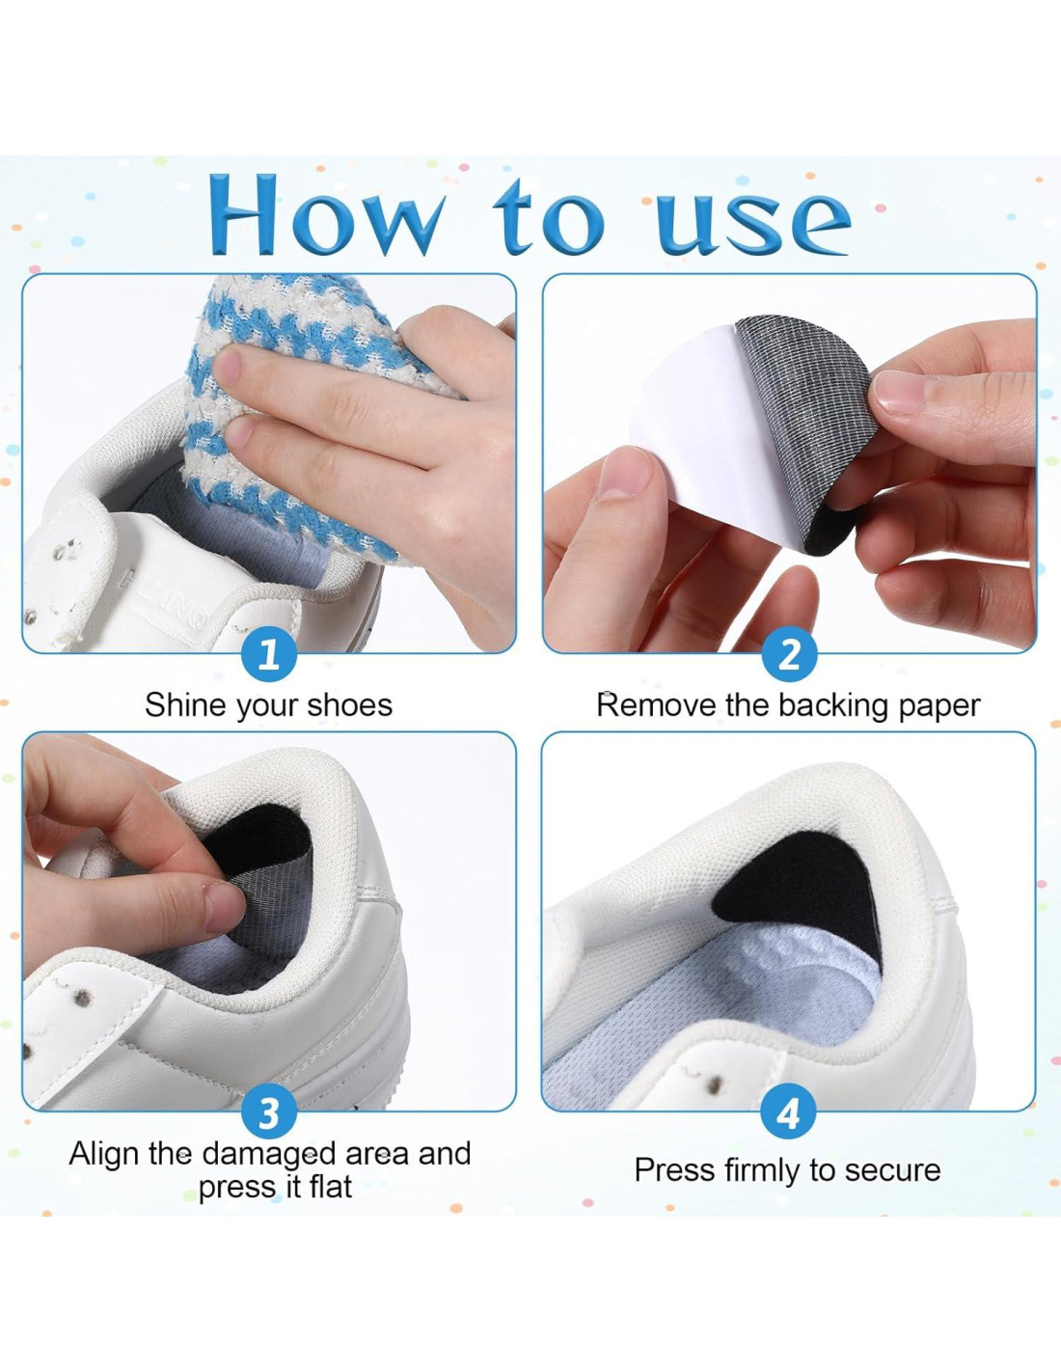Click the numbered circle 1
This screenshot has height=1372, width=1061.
click(x=269, y=655)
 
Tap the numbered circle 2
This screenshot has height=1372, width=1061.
click(x=789, y=655)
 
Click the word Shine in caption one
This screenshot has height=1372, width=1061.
click(x=183, y=704)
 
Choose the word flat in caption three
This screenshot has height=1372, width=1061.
click(x=330, y=1187)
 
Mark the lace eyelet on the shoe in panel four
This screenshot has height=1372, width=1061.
click(x=715, y=1085)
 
